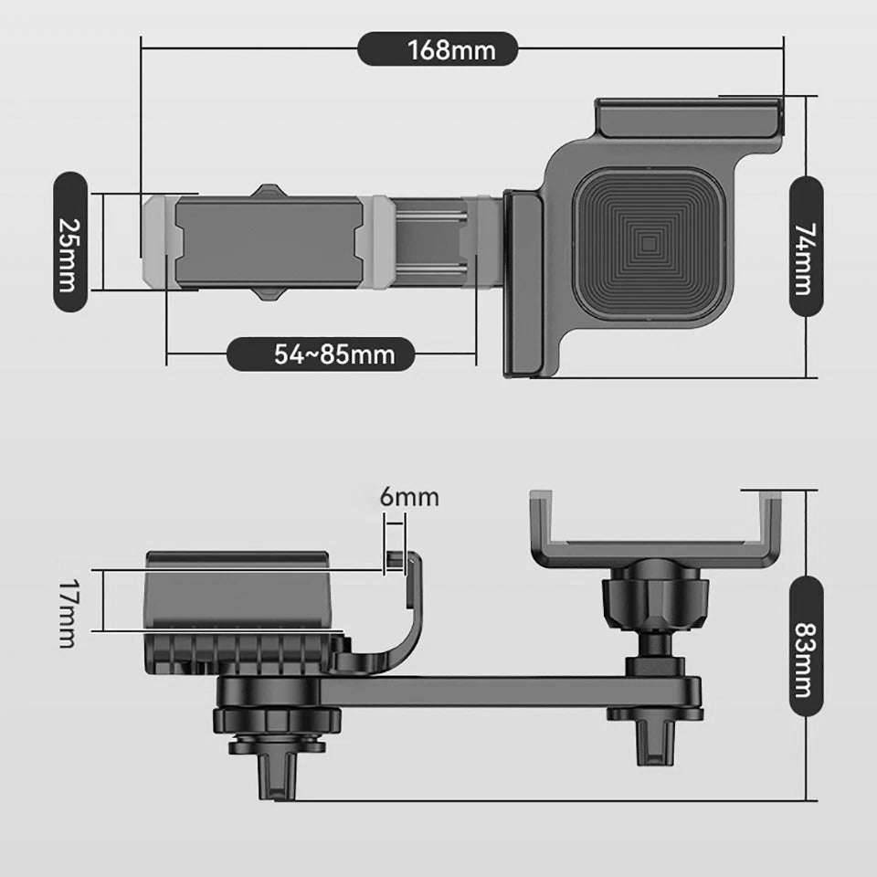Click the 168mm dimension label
(x=438, y=48)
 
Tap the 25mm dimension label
(x=68, y=242)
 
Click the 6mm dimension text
(x=409, y=498)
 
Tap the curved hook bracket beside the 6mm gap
(x=403, y=621)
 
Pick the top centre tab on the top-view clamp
(x=268, y=191)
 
